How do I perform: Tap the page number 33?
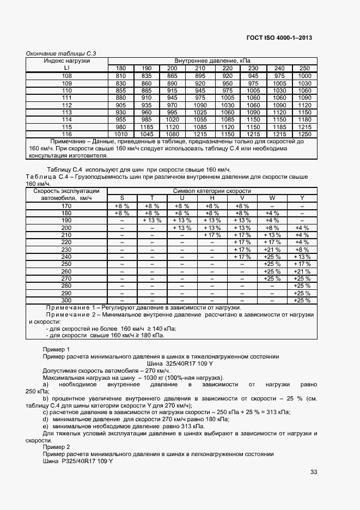[313, 472]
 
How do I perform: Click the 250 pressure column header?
[304, 68]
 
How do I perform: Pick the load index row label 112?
[67, 105]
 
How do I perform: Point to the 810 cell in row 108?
[121, 76]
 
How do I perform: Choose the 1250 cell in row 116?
[304, 134]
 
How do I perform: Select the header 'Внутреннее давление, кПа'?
[212, 60]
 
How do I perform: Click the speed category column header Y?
[302, 198]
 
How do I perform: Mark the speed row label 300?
[67, 300]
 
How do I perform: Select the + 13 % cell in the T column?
[152, 220]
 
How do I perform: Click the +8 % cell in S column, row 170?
[121, 206]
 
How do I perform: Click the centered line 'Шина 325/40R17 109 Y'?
[180, 363]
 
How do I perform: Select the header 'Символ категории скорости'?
[212, 191]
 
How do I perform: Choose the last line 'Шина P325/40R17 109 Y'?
[77, 461]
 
